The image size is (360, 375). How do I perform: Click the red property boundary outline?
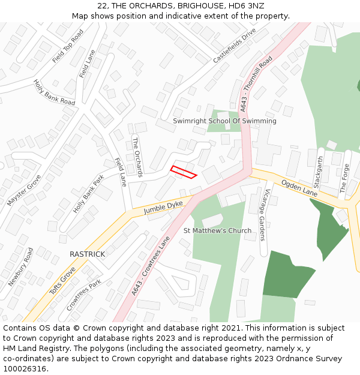click(184, 172)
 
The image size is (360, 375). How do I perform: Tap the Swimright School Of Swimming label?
click(224, 121)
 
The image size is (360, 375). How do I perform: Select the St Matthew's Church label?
click(217, 230)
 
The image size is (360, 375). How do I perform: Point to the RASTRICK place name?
click(87, 254)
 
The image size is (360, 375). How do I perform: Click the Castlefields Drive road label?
click(235, 46)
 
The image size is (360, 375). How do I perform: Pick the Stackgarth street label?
click(319, 172)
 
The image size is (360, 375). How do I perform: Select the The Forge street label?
click(344, 178)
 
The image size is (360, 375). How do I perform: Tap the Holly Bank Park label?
click(88, 194)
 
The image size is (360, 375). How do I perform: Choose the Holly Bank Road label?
click(54, 93)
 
